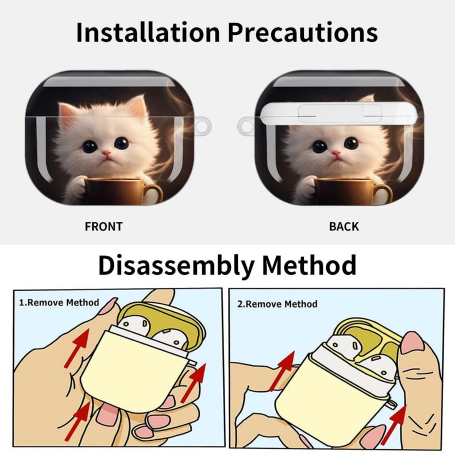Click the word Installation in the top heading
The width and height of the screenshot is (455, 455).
pos(148,32)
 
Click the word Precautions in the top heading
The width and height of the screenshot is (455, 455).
pos(303,32)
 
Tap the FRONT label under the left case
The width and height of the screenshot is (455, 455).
pos(104,226)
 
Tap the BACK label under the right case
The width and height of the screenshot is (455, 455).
pos(344,226)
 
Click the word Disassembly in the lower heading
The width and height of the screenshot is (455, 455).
pos(176,266)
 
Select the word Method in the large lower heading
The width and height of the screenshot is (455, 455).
pos(309,265)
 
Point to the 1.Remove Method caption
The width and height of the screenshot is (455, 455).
pos(59,303)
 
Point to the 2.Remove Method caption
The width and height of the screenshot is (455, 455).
pos(278,304)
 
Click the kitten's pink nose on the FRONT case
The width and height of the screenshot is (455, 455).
pos(106,153)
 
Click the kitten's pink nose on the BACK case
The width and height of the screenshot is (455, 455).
pos(336,153)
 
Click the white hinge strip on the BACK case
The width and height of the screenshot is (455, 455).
pos(340,113)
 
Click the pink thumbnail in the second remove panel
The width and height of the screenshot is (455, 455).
pos(411,343)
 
